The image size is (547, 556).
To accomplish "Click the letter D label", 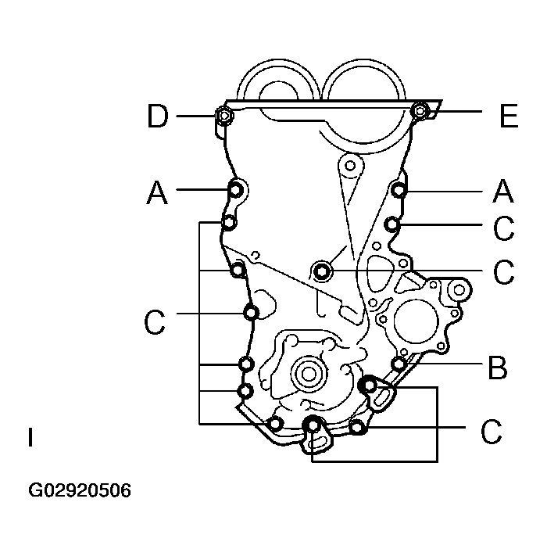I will (157, 117).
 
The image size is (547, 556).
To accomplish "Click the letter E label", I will (508, 117).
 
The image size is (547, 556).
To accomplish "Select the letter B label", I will (497, 367).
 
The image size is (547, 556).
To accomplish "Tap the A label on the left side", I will (157, 192).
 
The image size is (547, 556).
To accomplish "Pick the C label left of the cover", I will (156, 321).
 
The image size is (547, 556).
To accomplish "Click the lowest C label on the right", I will (491, 432).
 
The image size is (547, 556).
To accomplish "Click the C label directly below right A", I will (504, 228).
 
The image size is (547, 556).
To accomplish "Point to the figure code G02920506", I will (80, 491).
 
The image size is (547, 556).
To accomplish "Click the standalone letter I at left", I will (30, 437).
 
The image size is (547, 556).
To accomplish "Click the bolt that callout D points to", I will (223, 117).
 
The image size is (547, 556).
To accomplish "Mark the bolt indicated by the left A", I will (234, 189).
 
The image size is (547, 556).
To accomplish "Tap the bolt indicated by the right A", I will (399, 189).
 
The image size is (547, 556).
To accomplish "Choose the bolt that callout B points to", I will (399, 364).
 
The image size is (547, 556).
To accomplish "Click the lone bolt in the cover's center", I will (322, 271).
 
